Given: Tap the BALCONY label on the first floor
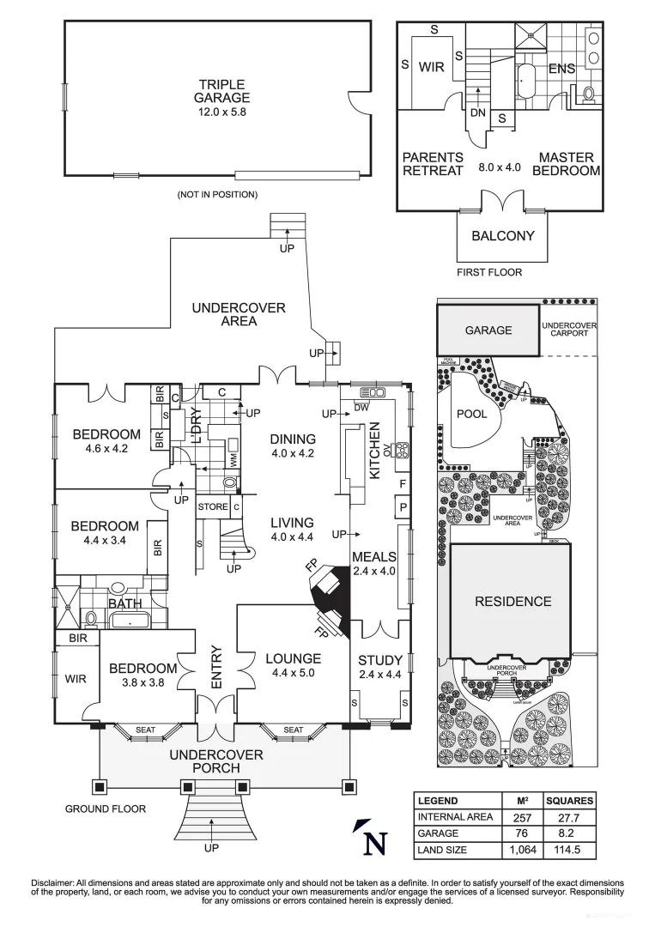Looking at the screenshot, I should pos(502,236).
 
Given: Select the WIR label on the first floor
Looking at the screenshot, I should pos(431,67).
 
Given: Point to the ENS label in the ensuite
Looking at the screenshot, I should pos(561,68).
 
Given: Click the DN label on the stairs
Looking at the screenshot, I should pos(477,112).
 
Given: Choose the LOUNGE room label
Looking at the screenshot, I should pos(293,659).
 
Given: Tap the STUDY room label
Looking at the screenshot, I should pos(379,660).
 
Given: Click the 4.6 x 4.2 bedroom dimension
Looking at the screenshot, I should pos(106,447).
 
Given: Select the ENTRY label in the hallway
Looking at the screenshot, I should pos(216,666).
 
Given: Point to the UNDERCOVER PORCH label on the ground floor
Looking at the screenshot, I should pos(215,760).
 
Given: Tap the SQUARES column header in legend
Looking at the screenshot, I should pos(569,801).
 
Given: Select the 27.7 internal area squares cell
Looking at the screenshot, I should pos(569,817).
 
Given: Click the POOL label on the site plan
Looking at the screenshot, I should pos(471,414).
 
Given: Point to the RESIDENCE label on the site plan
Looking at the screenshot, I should pos(512,602).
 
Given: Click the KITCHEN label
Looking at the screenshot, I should pos(375,450).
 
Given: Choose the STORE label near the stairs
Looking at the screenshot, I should pos(213,507).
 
